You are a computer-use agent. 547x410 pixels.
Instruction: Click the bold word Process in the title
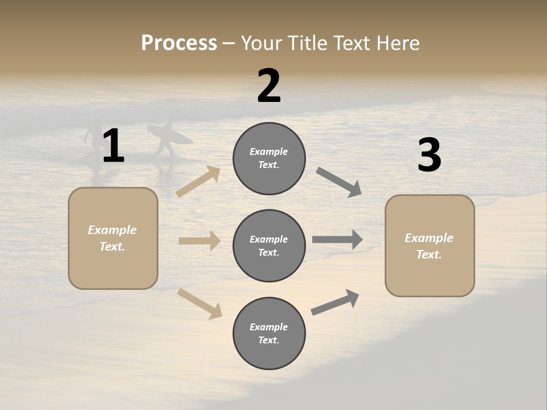pyautogui.click(x=179, y=43)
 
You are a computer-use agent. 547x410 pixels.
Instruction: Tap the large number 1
pyautogui.click(x=113, y=146)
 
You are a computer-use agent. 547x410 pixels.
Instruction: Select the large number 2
pyautogui.click(x=269, y=87)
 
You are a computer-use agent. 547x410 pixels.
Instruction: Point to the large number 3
pyautogui.click(x=429, y=156)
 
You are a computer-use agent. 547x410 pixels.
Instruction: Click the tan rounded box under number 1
pyautogui.click(x=113, y=238)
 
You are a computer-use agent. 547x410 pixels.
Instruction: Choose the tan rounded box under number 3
pyautogui.click(x=430, y=246)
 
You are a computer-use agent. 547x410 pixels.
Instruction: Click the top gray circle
pyautogui.click(x=269, y=158)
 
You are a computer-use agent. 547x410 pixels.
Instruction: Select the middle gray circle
pyautogui.click(x=269, y=246)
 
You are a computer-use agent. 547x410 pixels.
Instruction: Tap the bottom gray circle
pyautogui.click(x=269, y=334)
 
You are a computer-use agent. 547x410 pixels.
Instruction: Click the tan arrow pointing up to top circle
pyautogui.click(x=198, y=182)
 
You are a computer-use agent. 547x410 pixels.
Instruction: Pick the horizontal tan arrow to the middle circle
pyautogui.click(x=199, y=241)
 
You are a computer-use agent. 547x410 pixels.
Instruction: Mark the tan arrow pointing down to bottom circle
pyautogui.click(x=200, y=304)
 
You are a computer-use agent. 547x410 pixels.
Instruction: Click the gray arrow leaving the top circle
pyautogui.click(x=338, y=182)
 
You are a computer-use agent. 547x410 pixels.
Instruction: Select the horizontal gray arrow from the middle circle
pyautogui.click(x=337, y=240)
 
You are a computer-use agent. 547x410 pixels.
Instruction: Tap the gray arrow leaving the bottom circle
pyautogui.click(x=335, y=302)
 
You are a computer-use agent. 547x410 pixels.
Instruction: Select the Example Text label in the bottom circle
pyautogui.click(x=269, y=334)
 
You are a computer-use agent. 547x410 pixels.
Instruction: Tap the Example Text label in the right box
pyautogui.click(x=430, y=246)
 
